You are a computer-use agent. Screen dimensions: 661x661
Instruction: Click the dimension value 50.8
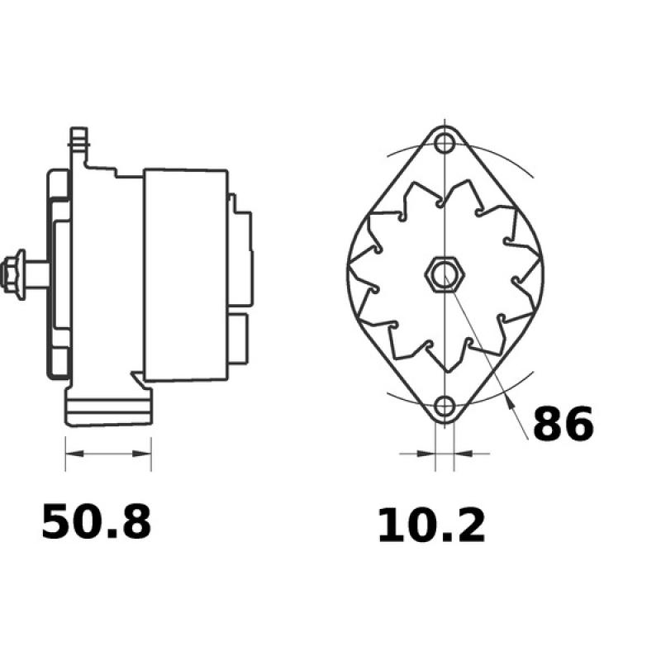[x=97, y=523]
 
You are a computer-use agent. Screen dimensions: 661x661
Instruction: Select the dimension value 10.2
[x=431, y=527]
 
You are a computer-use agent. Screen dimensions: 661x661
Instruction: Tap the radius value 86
[x=563, y=424]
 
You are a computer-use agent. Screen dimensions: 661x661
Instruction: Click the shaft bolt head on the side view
[x=14, y=274]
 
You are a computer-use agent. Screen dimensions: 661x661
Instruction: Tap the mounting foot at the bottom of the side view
[x=108, y=411]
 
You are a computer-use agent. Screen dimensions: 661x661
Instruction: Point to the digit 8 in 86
[x=548, y=424]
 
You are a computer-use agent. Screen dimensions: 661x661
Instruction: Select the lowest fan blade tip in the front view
[x=445, y=370]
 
